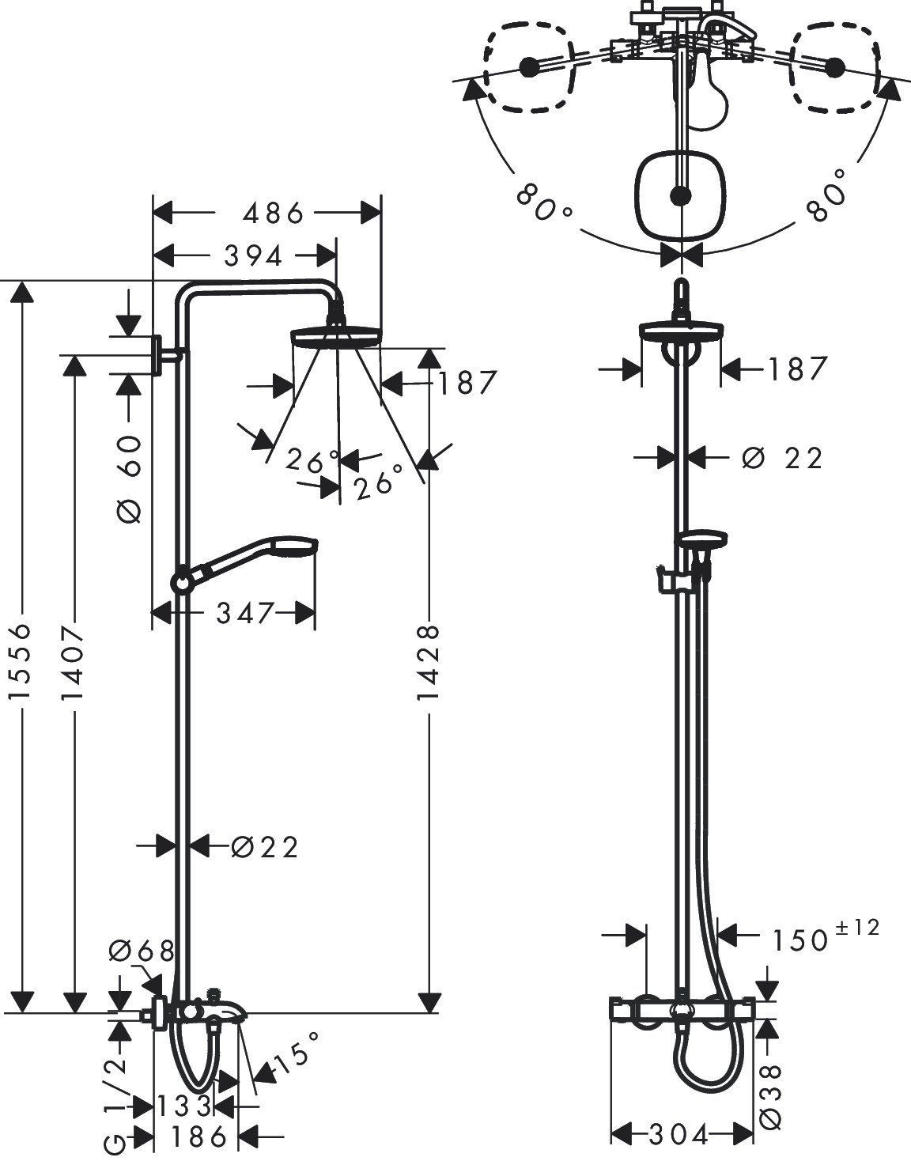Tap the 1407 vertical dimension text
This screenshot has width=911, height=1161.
[73, 664]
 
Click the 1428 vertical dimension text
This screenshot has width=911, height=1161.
[428, 663]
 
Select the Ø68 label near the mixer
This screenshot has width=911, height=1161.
[142, 951]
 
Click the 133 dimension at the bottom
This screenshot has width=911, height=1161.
[183, 1106]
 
